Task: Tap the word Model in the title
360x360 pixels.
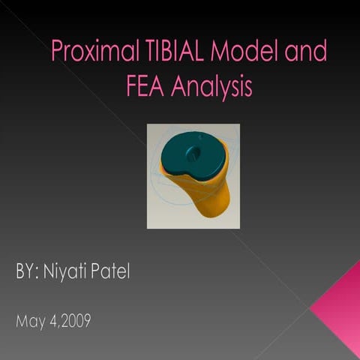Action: point(239,53)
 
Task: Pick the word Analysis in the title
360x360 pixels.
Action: point(211,88)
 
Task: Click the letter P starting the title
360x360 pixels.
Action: point(57,53)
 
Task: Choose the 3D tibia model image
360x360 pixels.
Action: point(193,176)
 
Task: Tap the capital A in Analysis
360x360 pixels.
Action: point(178,87)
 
